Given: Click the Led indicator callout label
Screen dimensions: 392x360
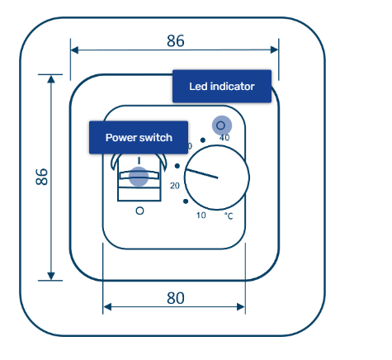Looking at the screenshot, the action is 222,86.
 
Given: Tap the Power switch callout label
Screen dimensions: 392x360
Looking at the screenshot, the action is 139,137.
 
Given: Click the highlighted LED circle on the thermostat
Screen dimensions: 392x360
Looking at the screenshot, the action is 222,126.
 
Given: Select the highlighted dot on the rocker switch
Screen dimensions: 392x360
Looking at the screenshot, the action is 139,177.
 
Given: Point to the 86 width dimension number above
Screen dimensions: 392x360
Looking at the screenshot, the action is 176,40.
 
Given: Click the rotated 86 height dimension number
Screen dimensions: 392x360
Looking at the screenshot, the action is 42,177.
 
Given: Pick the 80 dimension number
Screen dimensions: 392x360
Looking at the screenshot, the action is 176,298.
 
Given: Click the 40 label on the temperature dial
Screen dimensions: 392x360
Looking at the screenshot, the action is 224,138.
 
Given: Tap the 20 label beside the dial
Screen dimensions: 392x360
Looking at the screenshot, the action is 175,186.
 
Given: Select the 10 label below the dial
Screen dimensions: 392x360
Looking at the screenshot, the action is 201,216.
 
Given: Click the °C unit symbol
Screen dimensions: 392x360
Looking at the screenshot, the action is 229,216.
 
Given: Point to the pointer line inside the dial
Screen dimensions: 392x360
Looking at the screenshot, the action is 202,174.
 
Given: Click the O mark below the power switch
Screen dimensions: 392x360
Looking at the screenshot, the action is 139,211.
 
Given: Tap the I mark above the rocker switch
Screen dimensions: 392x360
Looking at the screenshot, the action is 139,160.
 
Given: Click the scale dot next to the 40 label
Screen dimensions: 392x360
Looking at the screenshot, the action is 203,140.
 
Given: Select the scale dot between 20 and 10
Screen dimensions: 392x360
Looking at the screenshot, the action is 186,201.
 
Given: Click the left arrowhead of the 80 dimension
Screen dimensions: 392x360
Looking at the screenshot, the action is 107,306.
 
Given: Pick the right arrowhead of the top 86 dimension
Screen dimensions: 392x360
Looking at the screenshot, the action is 274,50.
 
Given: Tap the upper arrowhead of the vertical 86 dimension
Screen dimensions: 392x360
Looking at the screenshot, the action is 51,79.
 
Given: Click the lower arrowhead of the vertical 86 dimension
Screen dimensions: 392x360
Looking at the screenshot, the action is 51,276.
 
